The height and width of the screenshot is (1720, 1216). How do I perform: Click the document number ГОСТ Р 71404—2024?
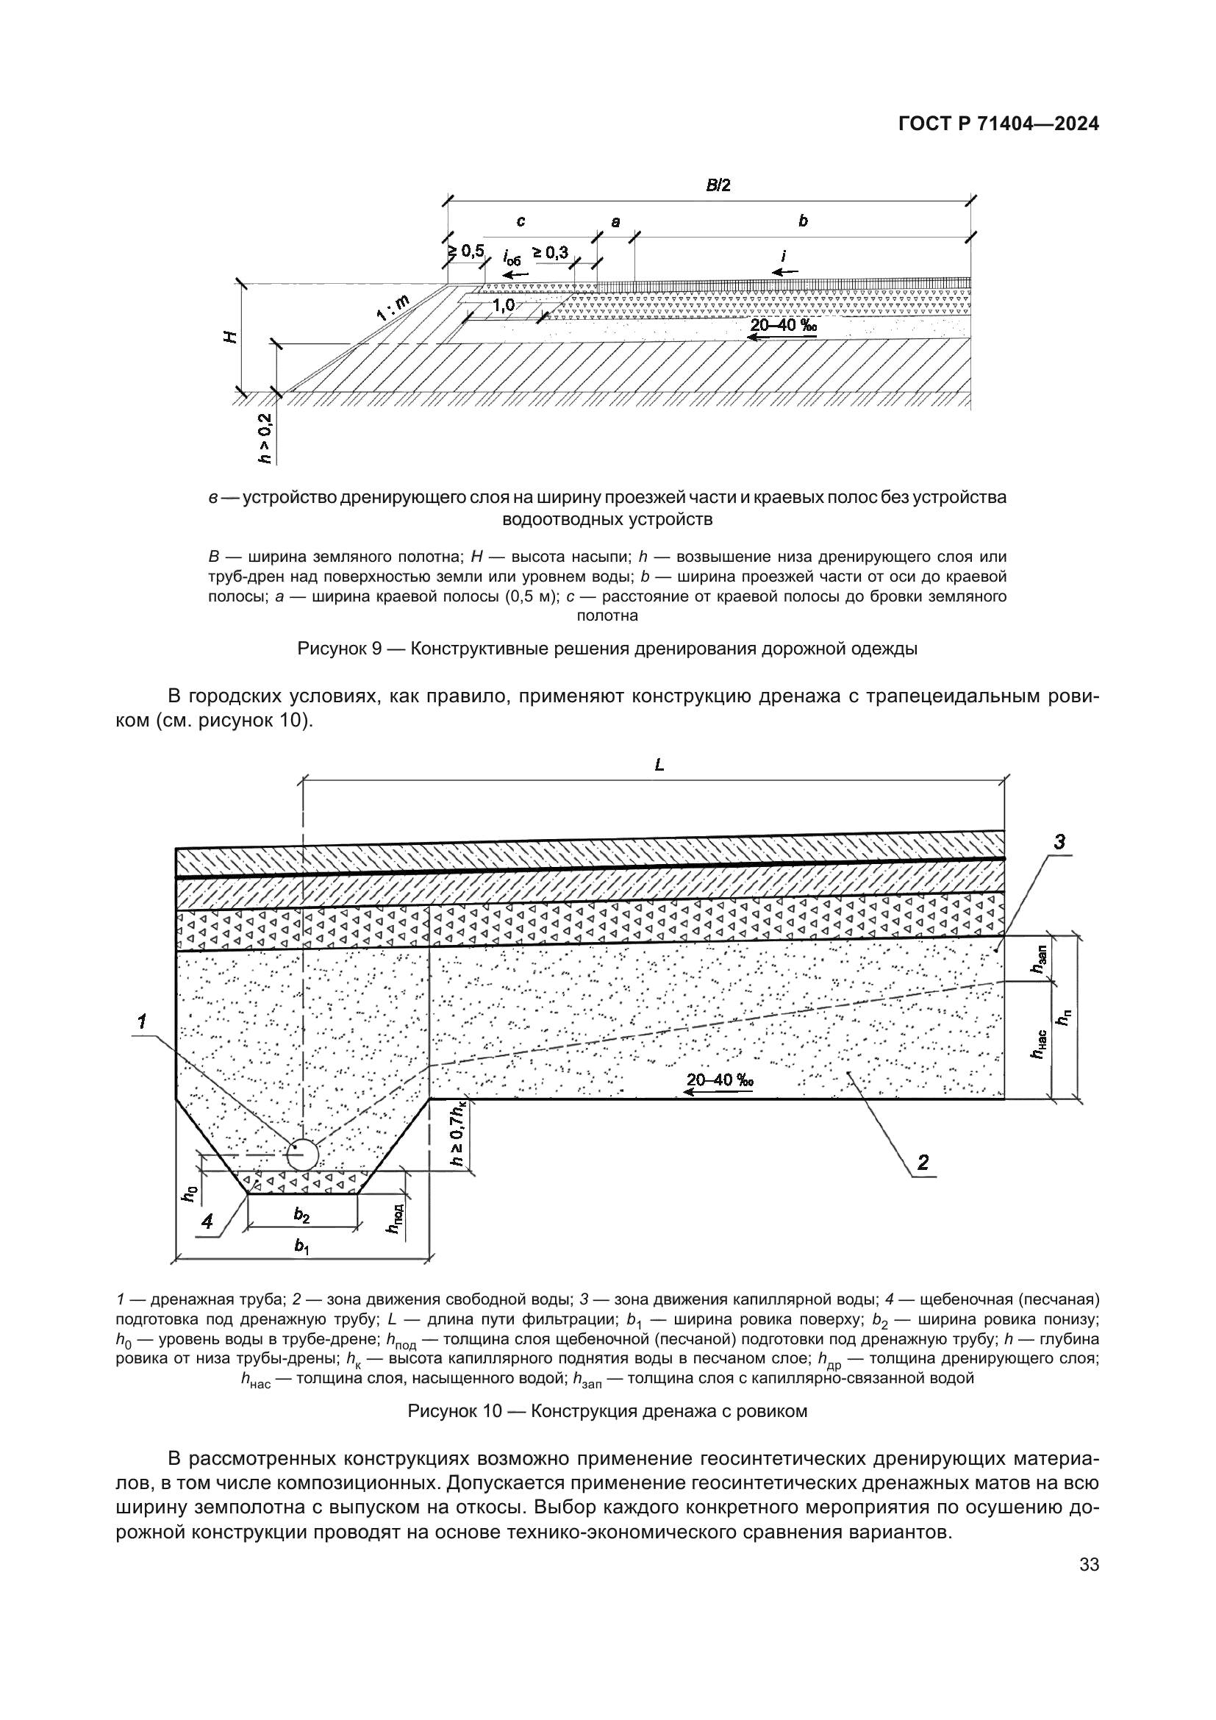tap(998, 124)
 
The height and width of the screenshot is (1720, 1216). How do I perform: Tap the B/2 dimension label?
tap(718, 186)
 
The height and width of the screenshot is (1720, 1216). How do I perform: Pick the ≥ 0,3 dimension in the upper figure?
tap(551, 252)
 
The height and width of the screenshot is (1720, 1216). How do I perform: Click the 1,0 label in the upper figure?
tap(504, 305)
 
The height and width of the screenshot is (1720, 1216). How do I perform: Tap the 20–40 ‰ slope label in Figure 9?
tap(783, 325)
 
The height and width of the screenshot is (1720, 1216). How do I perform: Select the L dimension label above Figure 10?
tap(659, 765)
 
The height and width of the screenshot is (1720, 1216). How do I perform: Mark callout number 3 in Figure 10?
tap(1059, 842)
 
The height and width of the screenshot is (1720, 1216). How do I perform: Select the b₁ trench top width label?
tap(301, 1246)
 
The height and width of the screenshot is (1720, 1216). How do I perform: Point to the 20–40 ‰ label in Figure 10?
tap(720, 1080)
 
